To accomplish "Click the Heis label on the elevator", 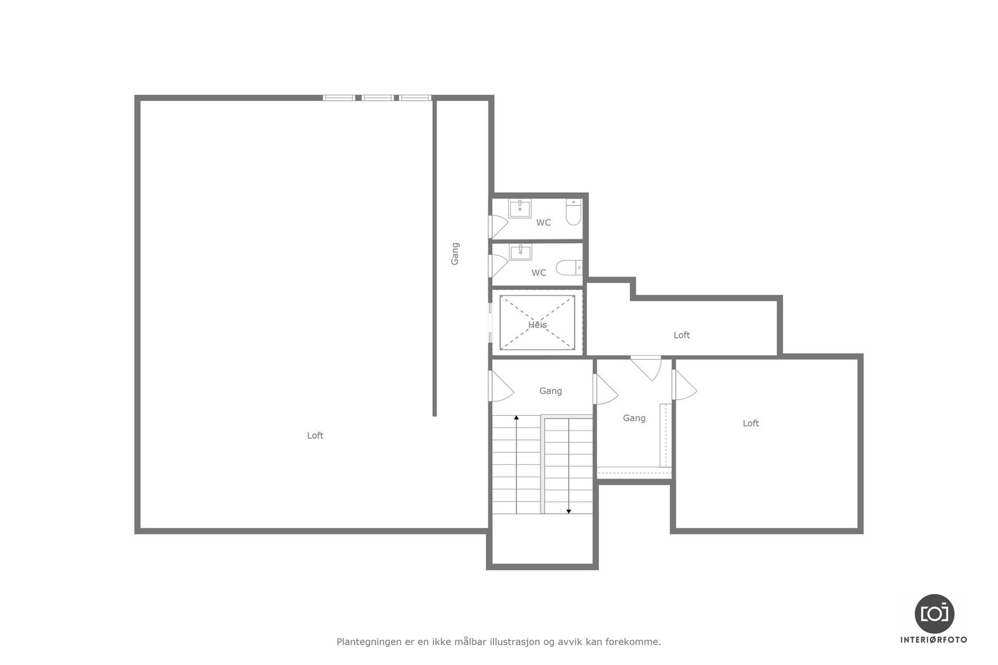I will pyautogui.click(x=537, y=325).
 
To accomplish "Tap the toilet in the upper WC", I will pyautogui.click(x=573, y=213).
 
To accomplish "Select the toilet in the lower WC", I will pyautogui.click(x=569, y=268).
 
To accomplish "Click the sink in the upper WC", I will pyautogui.click(x=520, y=208).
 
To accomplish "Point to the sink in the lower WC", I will pyautogui.click(x=520, y=252).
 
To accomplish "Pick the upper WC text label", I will pyautogui.click(x=543, y=222).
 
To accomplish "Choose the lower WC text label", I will pyautogui.click(x=538, y=272).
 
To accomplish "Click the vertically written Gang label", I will pyautogui.click(x=455, y=254).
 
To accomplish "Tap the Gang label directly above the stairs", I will pyautogui.click(x=550, y=391).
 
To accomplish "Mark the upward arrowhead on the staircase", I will pyautogui.click(x=516, y=417).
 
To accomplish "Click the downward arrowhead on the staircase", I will pyautogui.click(x=569, y=511).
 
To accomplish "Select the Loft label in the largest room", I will pyautogui.click(x=315, y=436).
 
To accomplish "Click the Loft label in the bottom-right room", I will pyautogui.click(x=750, y=423).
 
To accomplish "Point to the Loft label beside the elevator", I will pyautogui.click(x=681, y=335).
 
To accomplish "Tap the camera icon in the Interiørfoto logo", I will pyautogui.click(x=934, y=613).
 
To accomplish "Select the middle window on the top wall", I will pyautogui.click(x=377, y=98).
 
